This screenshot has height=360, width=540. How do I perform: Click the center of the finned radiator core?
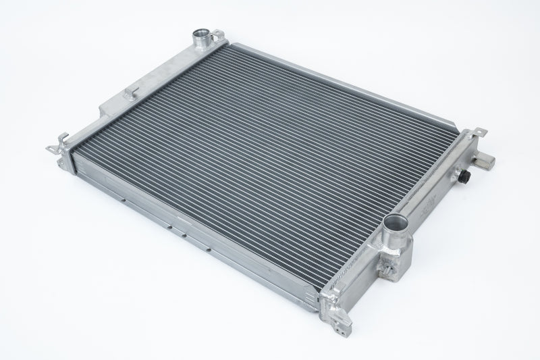click(x=270, y=162)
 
